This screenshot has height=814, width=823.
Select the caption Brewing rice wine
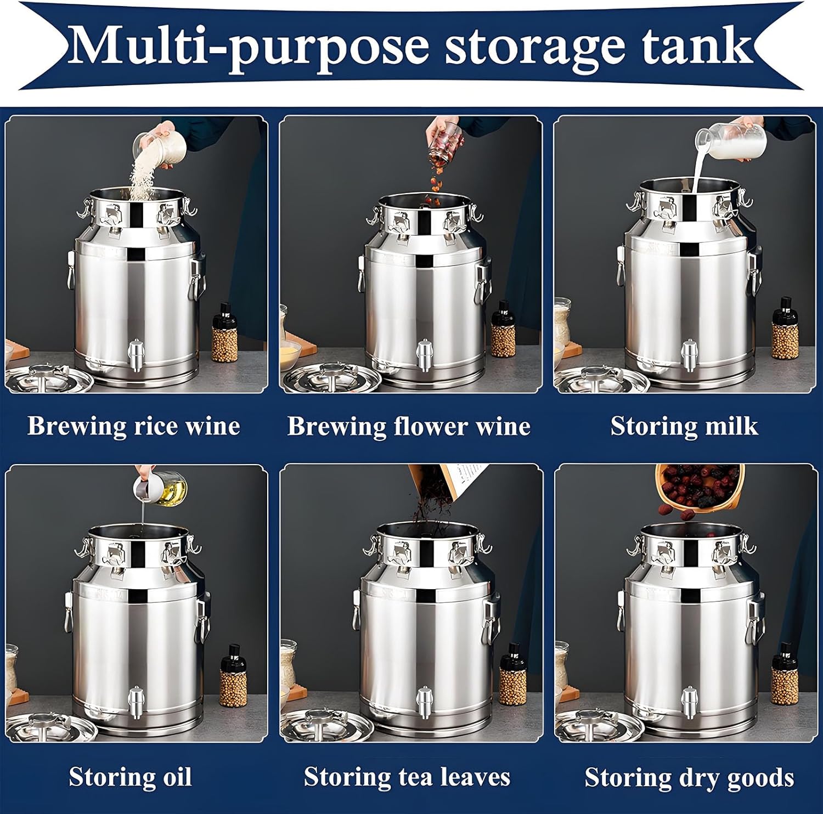134,426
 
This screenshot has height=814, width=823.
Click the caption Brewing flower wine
409,426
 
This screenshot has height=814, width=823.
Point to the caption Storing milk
684,426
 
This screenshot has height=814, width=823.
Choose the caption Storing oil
130,777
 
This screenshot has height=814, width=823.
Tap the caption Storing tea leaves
407,777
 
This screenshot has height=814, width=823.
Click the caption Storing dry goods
689,777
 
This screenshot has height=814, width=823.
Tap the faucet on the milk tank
689,354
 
